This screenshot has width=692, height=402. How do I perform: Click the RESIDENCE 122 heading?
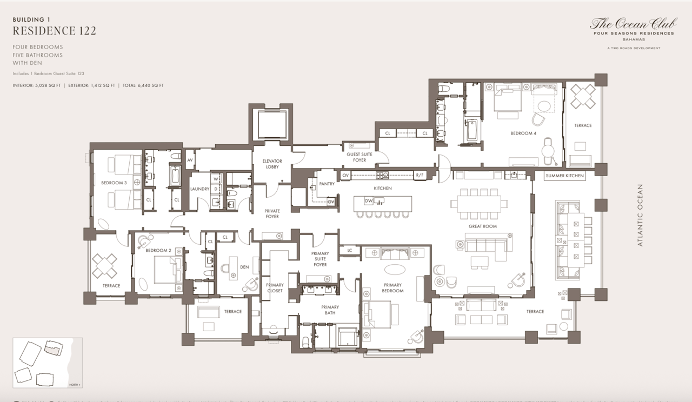pyautogui.click(x=55, y=31)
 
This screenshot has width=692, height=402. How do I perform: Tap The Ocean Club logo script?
pyautogui.click(x=633, y=23)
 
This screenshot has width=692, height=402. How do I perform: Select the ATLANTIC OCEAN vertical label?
pyautogui.click(x=641, y=215)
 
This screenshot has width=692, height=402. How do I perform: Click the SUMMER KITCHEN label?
pyautogui.click(x=565, y=176)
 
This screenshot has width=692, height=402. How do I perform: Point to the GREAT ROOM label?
pyautogui.click(x=482, y=226)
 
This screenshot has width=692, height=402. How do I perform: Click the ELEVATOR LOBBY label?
pyautogui.click(x=272, y=164)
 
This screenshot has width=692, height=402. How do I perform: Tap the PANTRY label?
pyautogui.click(x=327, y=184)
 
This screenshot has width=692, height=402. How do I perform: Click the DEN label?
pyautogui.click(x=244, y=267)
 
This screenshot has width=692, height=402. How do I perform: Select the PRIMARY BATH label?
pyautogui.click(x=330, y=310)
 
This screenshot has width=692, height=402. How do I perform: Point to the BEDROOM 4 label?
pyautogui.click(x=523, y=133)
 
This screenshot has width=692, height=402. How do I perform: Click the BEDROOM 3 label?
pyautogui.click(x=114, y=183)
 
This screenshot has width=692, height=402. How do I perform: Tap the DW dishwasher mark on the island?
pyautogui.click(x=368, y=201)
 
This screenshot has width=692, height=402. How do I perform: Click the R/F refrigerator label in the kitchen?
pyautogui.click(x=420, y=175)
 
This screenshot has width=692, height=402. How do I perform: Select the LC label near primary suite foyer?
pyautogui.click(x=349, y=250)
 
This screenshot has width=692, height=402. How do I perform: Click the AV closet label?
pyautogui.click(x=190, y=160)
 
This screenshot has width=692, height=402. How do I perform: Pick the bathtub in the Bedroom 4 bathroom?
pyautogui.click(x=472, y=130)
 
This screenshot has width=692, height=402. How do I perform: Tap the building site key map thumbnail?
pyautogui.click(x=48, y=363)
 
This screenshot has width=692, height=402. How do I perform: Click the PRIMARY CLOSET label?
pyautogui.click(x=275, y=288)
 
